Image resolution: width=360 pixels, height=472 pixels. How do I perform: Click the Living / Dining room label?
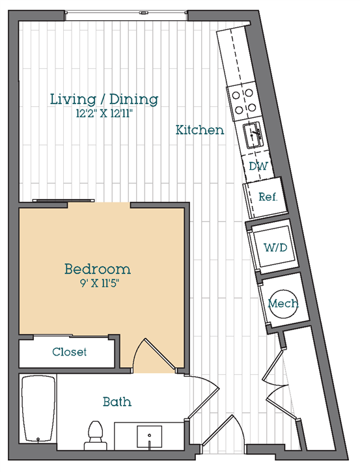coord(104,100)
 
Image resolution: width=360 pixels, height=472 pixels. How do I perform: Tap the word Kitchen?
coord(200,130)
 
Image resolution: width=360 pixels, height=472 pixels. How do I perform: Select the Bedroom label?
coord(98,268)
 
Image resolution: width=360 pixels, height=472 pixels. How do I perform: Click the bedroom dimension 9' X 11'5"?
coord(98,283)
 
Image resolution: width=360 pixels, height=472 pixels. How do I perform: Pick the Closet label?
coord(69,352)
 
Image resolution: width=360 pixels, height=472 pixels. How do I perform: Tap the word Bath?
coord(117,402)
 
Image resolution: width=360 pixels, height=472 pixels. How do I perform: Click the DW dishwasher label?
coord(258,166)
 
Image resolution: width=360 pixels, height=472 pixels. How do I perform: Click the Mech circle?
coord(283,303)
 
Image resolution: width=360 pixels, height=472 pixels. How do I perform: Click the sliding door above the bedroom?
coord(53,202)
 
